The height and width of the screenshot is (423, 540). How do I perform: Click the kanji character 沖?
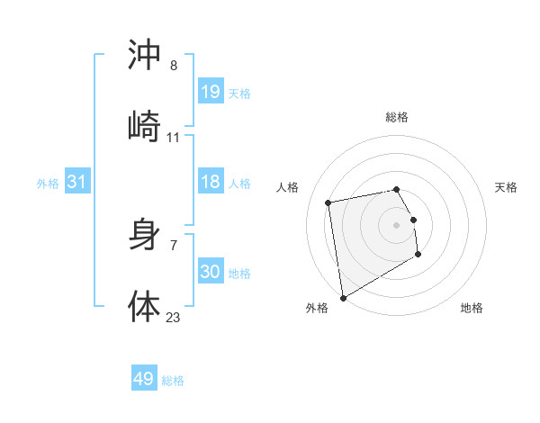(144, 56)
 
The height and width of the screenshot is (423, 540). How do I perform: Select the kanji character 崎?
(144, 125)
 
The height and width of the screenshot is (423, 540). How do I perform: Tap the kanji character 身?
(144, 236)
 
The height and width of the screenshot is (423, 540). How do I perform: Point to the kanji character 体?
(144, 306)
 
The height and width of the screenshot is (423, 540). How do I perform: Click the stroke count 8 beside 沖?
(174, 66)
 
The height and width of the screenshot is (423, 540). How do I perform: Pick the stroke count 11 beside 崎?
(174, 138)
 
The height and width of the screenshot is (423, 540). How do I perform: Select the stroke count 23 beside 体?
(174, 316)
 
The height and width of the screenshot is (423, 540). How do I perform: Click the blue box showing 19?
(210, 91)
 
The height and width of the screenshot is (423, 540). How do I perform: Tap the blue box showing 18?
(210, 182)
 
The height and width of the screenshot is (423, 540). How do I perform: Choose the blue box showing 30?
(210, 271)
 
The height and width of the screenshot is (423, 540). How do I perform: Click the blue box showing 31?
(77, 182)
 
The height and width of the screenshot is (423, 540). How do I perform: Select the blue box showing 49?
(144, 379)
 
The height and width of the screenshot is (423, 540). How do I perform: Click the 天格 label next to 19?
(239, 93)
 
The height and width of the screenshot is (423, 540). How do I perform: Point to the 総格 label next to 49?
(173, 381)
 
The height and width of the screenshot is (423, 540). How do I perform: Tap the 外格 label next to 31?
(48, 184)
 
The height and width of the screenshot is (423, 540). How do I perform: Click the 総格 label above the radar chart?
(397, 117)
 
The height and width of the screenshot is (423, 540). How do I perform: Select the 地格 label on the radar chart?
(472, 308)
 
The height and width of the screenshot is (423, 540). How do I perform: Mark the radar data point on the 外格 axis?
(343, 296)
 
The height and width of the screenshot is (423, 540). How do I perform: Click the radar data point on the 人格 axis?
(328, 202)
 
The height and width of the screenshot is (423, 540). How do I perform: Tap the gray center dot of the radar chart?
(397, 224)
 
